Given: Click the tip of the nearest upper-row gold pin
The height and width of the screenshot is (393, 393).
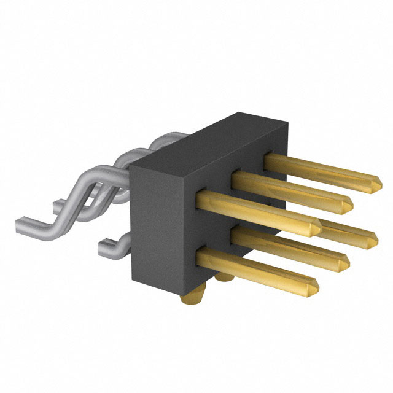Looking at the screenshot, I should (x=316, y=228).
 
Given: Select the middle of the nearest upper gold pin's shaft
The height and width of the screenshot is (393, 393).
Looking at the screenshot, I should (x=258, y=212).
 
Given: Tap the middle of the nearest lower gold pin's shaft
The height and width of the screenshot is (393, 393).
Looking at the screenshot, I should (x=258, y=267).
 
